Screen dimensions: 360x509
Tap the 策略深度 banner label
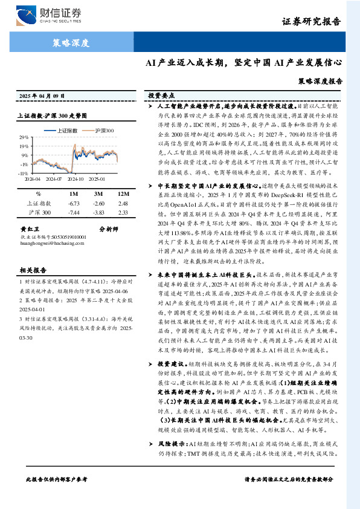click(71, 43)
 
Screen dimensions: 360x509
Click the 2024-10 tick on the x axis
click(77, 179)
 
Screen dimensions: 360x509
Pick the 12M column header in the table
click(123, 194)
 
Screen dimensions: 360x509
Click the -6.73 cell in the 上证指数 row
click(75, 204)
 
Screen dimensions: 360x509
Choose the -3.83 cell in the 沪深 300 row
click(98, 213)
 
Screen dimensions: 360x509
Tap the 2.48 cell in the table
click(123, 204)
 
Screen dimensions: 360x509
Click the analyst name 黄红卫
click(29, 230)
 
